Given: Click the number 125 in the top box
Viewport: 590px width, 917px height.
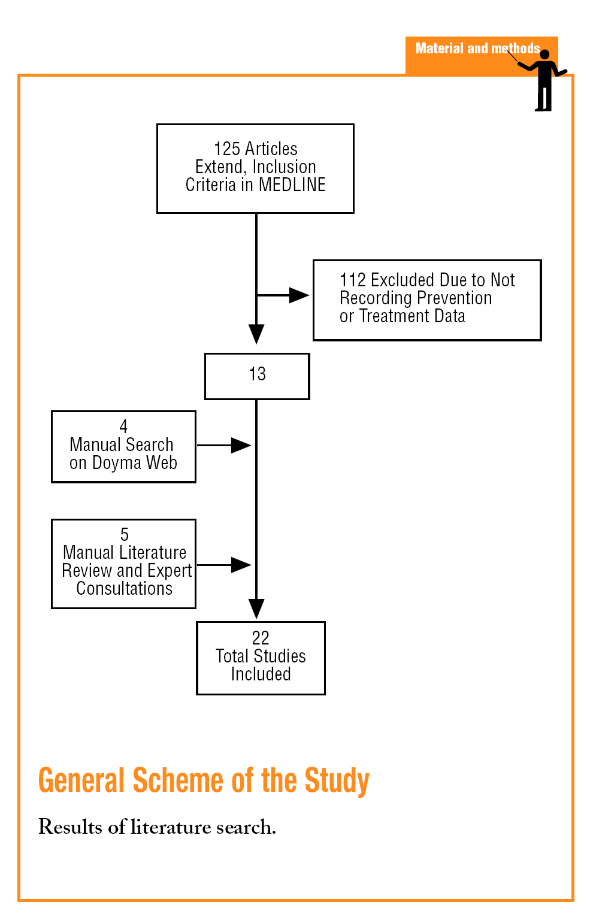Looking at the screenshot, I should pyautogui.click(x=226, y=149).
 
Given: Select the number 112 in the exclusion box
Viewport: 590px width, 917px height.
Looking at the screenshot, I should pyautogui.click(x=352, y=280).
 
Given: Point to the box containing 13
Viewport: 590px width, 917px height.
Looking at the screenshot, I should pyautogui.click(x=257, y=376).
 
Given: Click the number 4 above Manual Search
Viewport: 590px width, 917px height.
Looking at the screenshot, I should pyautogui.click(x=123, y=426).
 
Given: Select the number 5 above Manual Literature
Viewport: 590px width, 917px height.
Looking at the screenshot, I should pyautogui.click(x=124, y=534).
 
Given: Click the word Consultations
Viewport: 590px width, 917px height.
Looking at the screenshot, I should pyautogui.click(x=124, y=589).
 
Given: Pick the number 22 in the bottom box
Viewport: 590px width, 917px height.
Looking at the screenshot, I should pyautogui.click(x=261, y=638).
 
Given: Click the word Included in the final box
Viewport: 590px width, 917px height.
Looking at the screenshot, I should pyautogui.click(x=261, y=674).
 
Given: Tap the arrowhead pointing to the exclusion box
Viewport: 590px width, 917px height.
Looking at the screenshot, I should pyautogui.click(x=299, y=295).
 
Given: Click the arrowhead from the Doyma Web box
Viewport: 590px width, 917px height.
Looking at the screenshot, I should pyautogui.click(x=241, y=446).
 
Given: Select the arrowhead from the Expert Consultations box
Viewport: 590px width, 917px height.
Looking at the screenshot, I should pyautogui.click(x=241, y=565).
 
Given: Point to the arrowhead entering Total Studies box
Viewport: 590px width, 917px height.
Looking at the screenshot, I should pyautogui.click(x=256, y=609).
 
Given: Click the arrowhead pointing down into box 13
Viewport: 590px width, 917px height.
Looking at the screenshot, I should pyautogui.click(x=256, y=334).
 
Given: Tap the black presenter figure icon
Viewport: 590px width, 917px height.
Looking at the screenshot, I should pyautogui.click(x=544, y=80).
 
